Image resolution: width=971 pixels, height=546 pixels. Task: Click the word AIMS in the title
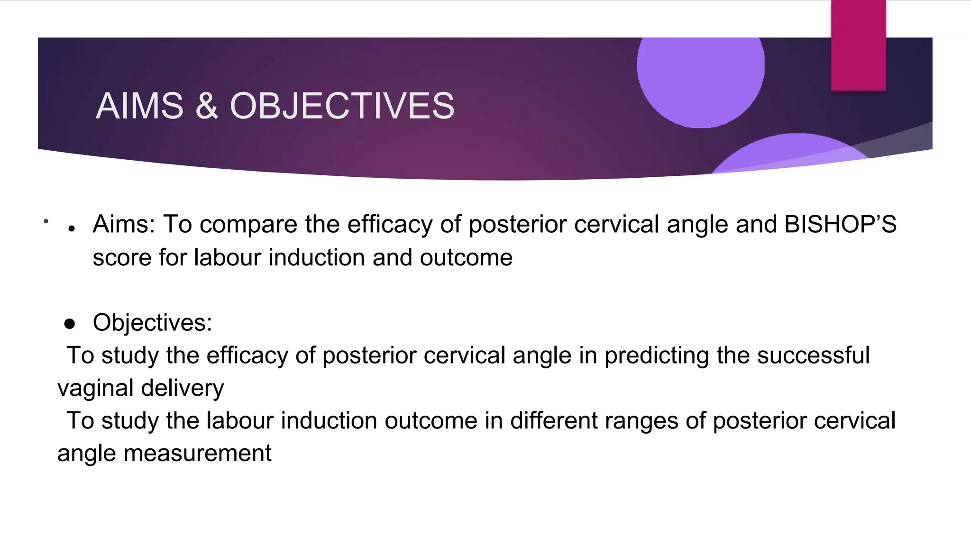[x=139, y=106]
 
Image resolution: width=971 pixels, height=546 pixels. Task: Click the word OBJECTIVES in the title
[x=342, y=106]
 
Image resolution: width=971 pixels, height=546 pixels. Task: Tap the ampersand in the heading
[x=206, y=106]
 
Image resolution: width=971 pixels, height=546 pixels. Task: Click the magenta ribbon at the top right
[x=858, y=45]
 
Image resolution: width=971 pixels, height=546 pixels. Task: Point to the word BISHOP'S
[x=840, y=224]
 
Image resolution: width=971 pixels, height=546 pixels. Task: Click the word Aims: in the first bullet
[x=124, y=224]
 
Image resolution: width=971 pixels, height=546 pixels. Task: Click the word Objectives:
[x=152, y=323]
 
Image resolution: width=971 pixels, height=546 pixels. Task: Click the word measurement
[x=197, y=454]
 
